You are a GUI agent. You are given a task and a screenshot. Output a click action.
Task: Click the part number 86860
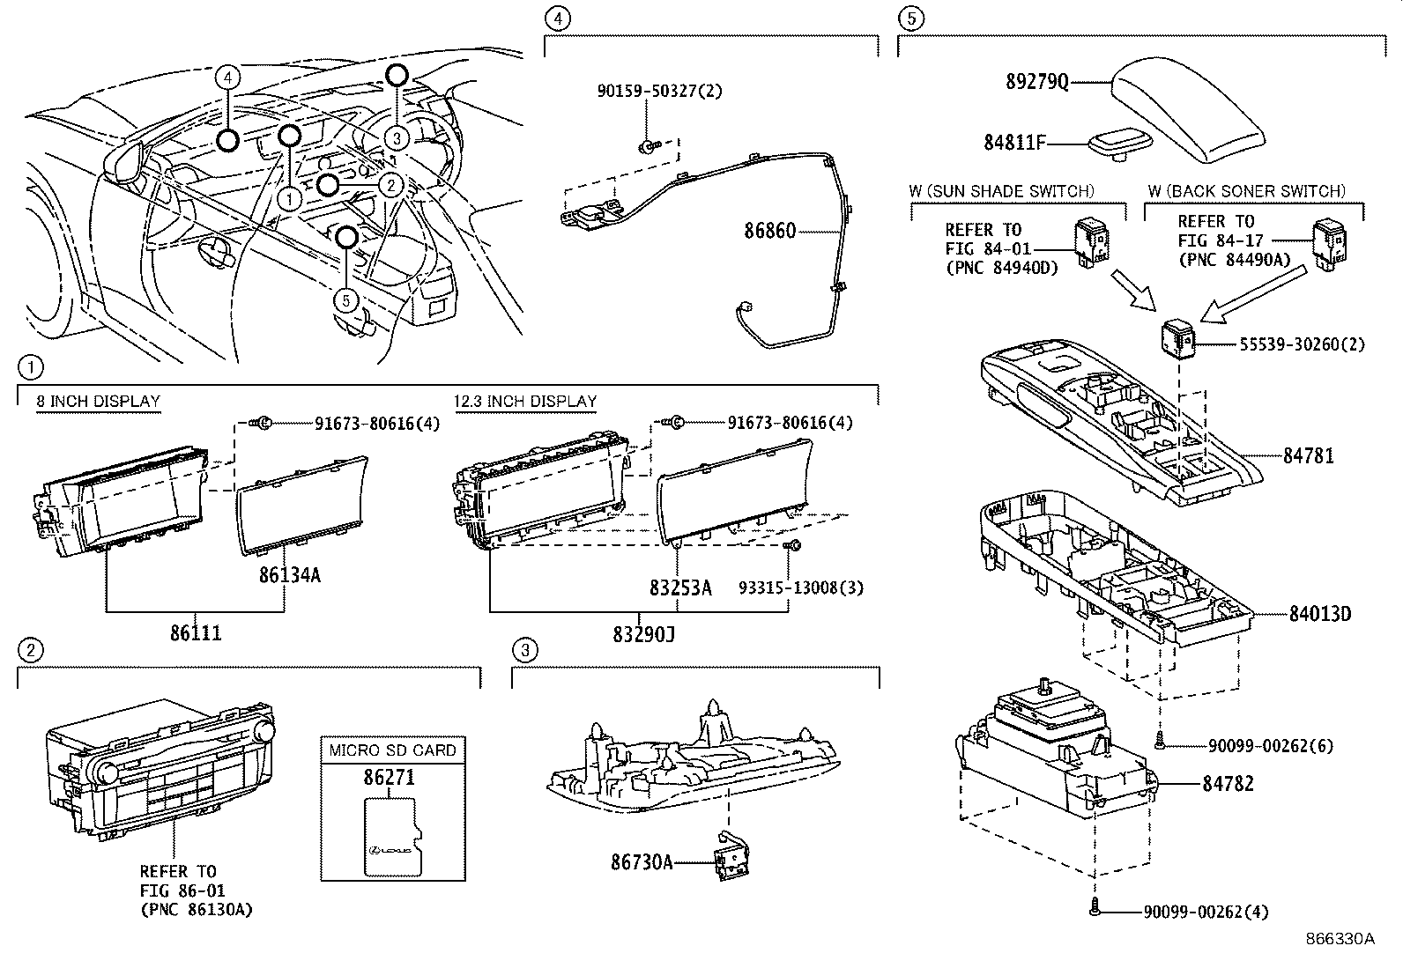769,232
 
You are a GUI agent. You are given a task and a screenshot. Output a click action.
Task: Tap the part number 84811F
1013,142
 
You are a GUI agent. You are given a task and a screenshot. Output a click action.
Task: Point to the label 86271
389,778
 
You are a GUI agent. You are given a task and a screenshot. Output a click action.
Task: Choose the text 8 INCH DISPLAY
98,402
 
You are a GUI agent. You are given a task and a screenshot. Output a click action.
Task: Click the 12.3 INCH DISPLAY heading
525,402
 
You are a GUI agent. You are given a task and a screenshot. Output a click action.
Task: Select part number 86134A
289,576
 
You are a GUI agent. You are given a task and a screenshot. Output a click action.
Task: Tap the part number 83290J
644,633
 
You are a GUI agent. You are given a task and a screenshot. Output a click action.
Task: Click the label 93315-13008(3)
800,587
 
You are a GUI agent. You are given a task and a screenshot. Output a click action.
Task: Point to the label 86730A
642,863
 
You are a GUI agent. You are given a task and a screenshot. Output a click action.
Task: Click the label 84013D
1319,614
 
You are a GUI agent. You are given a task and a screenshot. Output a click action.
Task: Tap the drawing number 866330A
1340,939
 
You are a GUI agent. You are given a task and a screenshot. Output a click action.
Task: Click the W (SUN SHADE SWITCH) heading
1002,191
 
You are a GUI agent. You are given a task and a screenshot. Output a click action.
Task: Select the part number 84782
1228,783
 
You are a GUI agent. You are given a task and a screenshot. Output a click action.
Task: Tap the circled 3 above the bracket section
524,651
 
